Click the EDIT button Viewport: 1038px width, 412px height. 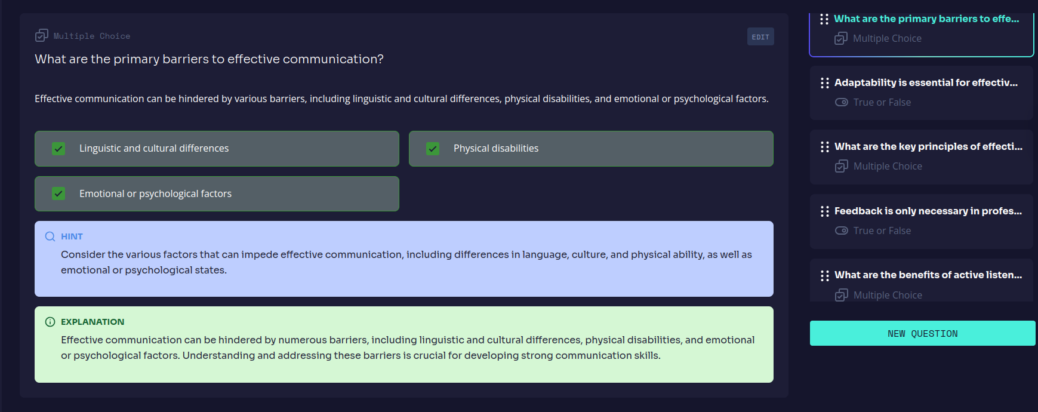[760, 36]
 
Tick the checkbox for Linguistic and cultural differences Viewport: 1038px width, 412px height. [58, 148]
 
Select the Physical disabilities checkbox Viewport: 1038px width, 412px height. [433, 148]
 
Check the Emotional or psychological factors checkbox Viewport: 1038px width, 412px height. [58, 193]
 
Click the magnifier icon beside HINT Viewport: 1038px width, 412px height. [50, 236]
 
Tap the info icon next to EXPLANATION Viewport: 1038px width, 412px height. [50, 322]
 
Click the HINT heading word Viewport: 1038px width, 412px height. [72, 236]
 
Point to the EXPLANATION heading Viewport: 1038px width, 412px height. [93, 322]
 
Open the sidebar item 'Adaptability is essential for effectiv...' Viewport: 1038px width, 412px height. [926, 82]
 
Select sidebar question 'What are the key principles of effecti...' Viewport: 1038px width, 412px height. [928, 146]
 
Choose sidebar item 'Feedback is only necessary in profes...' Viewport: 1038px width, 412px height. [928, 211]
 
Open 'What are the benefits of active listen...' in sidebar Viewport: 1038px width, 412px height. [928, 275]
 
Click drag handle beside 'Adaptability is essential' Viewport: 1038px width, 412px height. [825, 83]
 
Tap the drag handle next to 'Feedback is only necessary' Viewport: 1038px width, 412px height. [825, 211]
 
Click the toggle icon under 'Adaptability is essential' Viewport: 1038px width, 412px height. [842, 102]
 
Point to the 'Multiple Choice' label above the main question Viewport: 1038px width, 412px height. [92, 36]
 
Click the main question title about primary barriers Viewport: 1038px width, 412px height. [209, 59]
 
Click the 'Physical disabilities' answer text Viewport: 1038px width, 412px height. [496, 148]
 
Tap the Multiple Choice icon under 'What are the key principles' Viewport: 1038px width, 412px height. [842, 166]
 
